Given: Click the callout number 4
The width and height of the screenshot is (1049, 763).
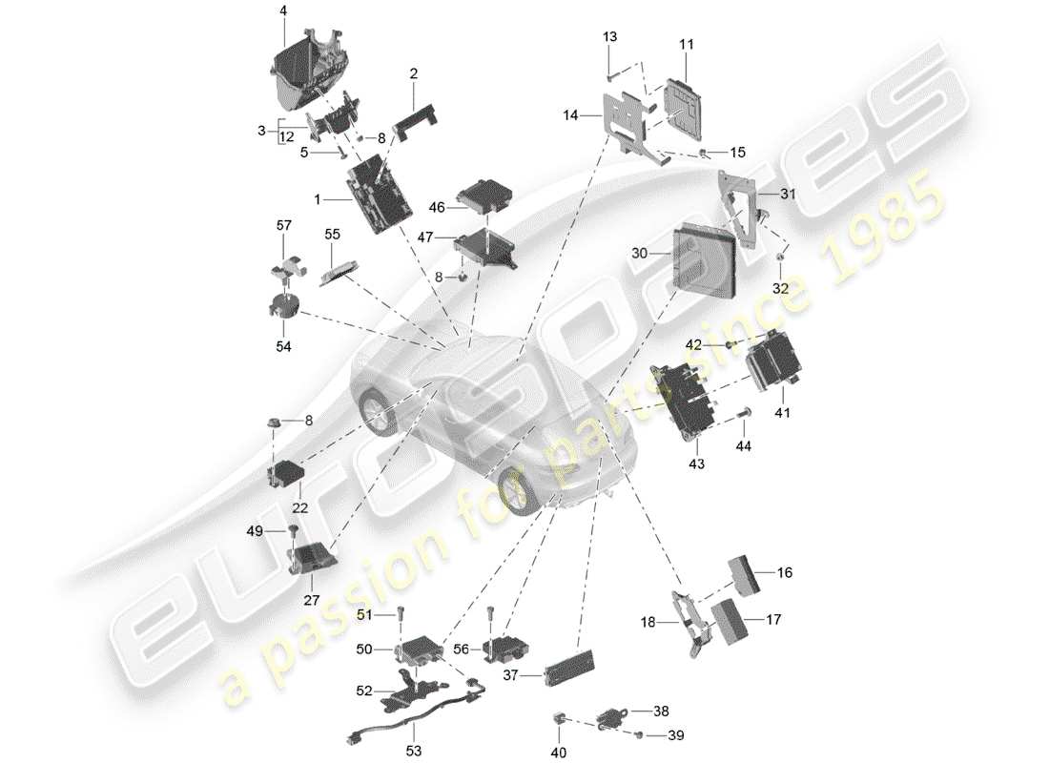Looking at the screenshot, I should [x=282, y=11].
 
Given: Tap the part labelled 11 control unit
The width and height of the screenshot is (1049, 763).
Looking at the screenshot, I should [x=687, y=105].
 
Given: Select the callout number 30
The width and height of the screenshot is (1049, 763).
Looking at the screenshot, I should [x=640, y=253].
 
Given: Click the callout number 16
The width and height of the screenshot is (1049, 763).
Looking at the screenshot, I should [x=784, y=573].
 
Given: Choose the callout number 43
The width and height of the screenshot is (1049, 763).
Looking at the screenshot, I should [x=696, y=464].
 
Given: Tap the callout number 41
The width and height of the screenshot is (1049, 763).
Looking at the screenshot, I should [x=782, y=413].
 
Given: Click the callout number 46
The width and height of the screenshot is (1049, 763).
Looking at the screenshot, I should [x=437, y=206].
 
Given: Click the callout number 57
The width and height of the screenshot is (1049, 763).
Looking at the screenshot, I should [x=282, y=225].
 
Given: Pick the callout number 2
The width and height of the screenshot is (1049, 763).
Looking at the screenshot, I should [x=414, y=72].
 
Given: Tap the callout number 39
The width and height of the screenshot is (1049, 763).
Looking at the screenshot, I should [x=676, y=735].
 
